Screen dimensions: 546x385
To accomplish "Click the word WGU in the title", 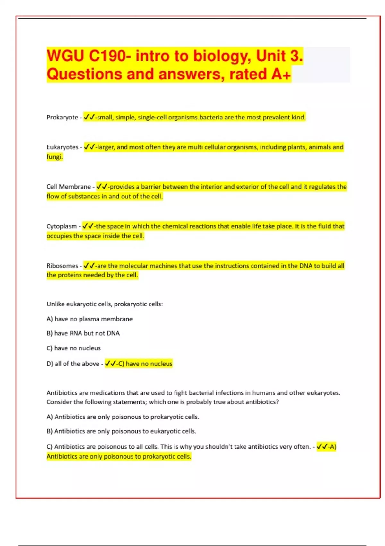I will pyautogui.click(x=65, y=56).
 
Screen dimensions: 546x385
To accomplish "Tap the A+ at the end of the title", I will pyautogui.click(x=281, y=74).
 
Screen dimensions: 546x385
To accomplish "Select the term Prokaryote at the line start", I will pyautogui.click(x=62, y=118).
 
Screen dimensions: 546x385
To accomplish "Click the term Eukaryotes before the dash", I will pyautogui.click(x=62, y=147).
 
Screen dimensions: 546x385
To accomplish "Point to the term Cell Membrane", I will pyautogui.click(x=69, y=187).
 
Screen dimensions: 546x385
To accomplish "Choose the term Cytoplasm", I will pyautogui.click(x=62, y=226).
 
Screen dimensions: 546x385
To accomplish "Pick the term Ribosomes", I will pyautogui.click(x=62, y=266).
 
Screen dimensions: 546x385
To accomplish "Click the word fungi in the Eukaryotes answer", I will pyautogui.click(x=54, y=157).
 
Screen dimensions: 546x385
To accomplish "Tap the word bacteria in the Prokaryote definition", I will pyautogui.click(x=211, y=118).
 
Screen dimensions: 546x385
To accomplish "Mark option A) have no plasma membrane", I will pyautogui.click(x=90, y=319).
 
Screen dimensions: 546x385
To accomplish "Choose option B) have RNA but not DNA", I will pyautogui.click(x=83, y=333).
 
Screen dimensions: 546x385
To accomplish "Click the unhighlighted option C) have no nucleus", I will pyautogui.click(x=73, y=348).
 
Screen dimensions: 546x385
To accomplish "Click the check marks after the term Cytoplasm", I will pyautogui.click(x=88, y=226).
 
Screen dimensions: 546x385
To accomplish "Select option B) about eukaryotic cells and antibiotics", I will pyautogui.click(x=121, y=431).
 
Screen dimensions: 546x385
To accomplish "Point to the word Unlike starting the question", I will pyautogui.click(x=55, y=304).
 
